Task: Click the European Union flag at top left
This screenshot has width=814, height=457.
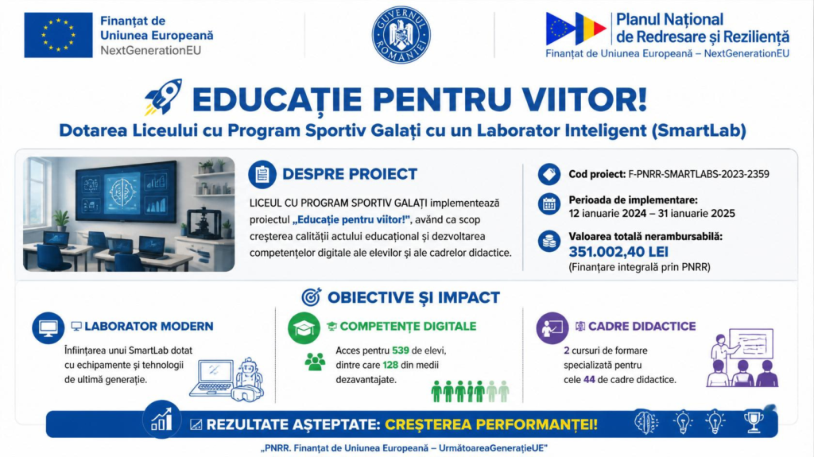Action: [x=58, y=35]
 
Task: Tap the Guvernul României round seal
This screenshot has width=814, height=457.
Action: [x=401, y=35]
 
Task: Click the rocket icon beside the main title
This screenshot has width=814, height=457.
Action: [x=164, y=97]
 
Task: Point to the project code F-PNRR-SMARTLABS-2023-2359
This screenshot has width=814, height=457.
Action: [x=699, y=175]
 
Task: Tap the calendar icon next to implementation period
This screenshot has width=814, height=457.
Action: [x=549, y=204]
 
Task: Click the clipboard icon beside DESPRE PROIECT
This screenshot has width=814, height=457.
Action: [x=262, y=174]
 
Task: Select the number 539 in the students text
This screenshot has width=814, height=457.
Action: [x=401, y=350]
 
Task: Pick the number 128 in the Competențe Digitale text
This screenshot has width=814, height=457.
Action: [x=390, y=365]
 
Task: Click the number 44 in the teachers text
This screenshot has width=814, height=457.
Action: [x=589, y=380]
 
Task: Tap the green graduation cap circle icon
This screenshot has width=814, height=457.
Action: [x=304, y=328]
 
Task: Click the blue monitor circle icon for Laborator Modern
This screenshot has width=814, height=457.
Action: [x=48, y=327]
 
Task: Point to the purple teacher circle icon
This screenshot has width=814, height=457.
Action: [x=552, y=327]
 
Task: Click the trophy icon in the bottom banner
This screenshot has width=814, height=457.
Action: [x=754, y=422]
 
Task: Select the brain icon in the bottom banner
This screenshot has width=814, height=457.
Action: [x=646, y=422]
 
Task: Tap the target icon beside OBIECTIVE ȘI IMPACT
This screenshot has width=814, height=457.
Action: [x=312, y=297]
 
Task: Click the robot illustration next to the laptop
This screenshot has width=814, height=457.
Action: [x=249, y=379]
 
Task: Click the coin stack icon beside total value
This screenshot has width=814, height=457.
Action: [x=549, y=242]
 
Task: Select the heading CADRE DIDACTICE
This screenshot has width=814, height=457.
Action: [x=642, y=326]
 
